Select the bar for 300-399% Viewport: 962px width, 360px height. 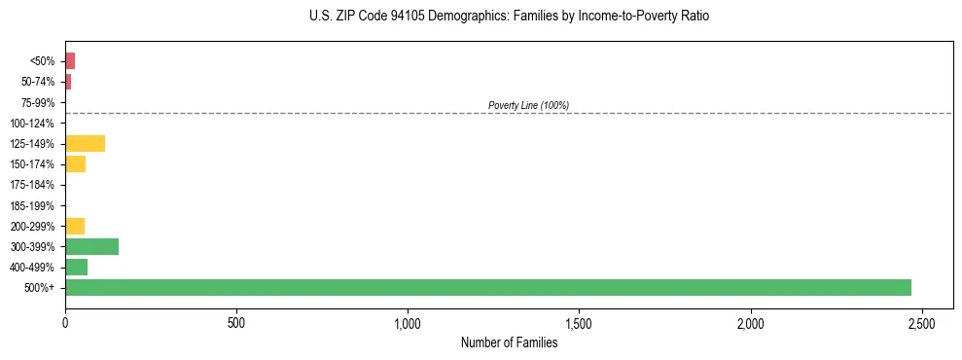coord(91,246)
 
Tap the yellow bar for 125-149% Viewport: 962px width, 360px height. coord(85,144)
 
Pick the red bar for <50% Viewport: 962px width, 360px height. coord(70,61)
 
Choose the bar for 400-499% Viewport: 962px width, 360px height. coord(76,267)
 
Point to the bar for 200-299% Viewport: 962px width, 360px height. coord(75,226)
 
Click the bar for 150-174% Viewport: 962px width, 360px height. coord(75,164)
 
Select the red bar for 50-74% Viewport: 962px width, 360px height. coord(68,82)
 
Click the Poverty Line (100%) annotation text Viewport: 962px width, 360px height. coord(528,105)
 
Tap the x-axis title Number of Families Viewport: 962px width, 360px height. coord(509,342)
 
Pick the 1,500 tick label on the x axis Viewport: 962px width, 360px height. coord(579,322)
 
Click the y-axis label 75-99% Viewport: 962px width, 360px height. coord(40,103)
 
